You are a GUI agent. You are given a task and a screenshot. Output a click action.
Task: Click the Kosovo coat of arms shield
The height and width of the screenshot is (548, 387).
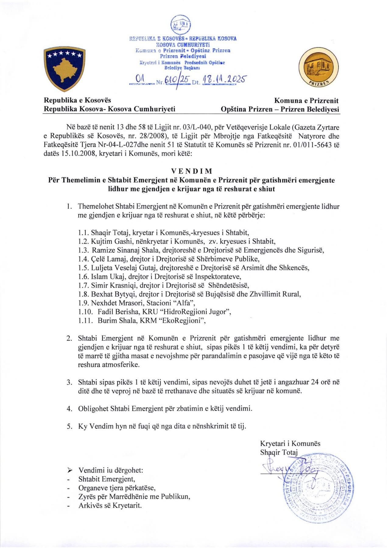point(63,69)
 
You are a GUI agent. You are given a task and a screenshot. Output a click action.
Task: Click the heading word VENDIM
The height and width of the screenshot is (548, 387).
point(192,171)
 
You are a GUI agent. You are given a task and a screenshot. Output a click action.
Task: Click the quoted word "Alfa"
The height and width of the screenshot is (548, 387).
point(184,303)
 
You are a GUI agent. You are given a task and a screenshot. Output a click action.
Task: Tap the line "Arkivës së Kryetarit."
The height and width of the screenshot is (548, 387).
point(110,506)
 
